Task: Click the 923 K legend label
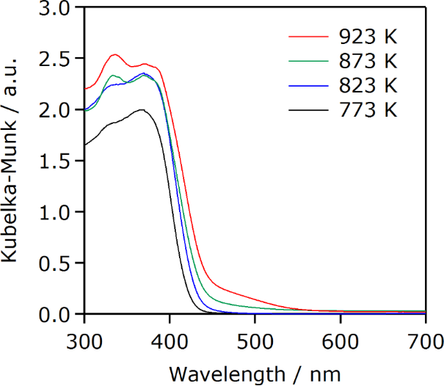click(368, 35)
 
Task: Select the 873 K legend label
click(368, 60)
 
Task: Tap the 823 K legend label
click(368, 85)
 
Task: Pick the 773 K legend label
click(368, 110)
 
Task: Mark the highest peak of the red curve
click(114, 54)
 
